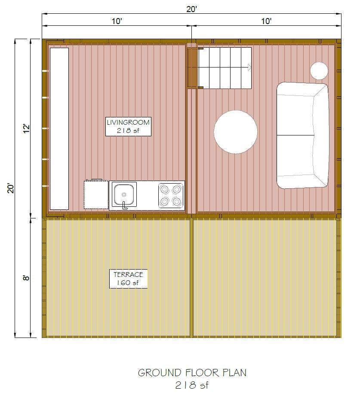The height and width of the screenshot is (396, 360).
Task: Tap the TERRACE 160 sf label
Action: coord(128,279)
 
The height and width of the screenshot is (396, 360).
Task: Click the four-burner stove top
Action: coord(171,195)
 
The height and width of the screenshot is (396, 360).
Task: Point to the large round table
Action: coord(236,132)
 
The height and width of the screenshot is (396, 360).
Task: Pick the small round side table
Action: coord(319,71)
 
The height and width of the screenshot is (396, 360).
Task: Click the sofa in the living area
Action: coord(302,135)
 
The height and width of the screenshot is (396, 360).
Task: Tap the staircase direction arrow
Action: coord(249,68)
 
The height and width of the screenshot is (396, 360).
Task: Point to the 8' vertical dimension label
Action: coord(26,278)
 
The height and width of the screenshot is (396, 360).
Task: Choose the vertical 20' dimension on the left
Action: coord(11,188)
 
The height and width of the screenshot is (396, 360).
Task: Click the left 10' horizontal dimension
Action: coord(116,21)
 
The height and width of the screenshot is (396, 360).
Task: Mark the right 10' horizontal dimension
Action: coord(266,21)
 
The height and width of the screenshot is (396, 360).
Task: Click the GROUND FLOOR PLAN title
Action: coord(192,372)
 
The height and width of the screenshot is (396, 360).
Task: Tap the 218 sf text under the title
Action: coord(192,385)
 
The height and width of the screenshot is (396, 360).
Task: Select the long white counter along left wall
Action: coord(59,128)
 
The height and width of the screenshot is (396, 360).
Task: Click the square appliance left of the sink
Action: coord(96,195)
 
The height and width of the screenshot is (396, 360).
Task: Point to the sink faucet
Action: coord(125,205)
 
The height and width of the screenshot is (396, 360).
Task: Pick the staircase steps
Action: coord(225,68)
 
